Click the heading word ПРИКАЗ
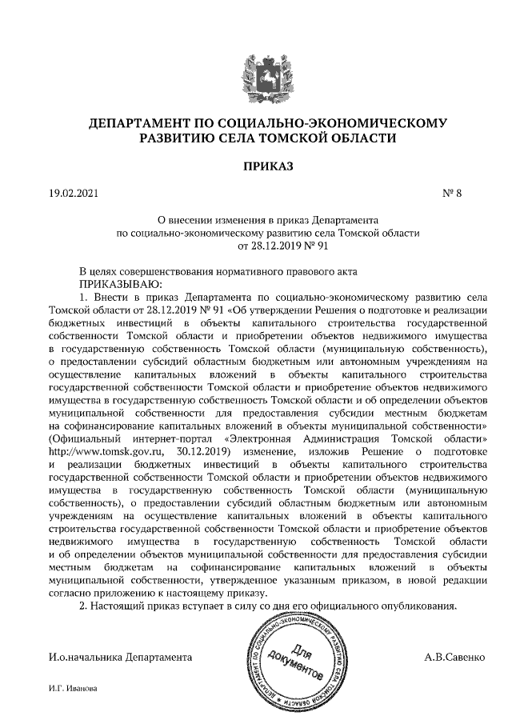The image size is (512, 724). point(256,167)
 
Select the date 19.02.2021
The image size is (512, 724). point(73,194)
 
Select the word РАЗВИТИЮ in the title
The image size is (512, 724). point(165,138)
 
